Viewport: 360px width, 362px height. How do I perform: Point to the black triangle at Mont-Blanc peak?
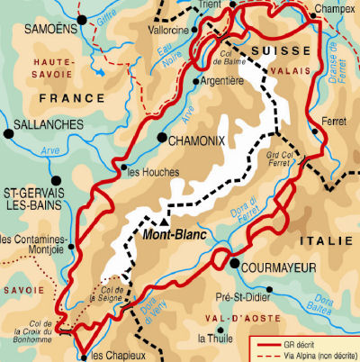click(165, 218)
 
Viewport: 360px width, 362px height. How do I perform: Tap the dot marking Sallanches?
click(9, 133)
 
